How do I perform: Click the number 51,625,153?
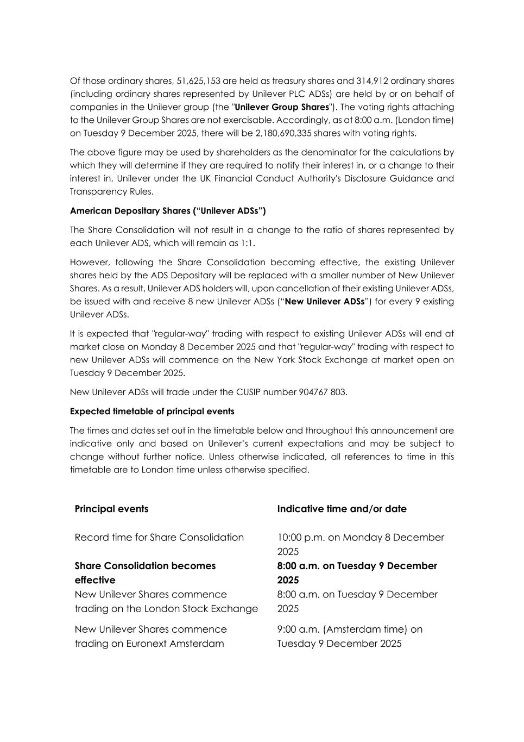(x=198, y=81)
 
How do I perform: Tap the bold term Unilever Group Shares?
(x=282, y=107)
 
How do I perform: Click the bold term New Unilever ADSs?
(x=325, y=301)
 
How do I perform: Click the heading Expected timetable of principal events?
(x=152, y=411)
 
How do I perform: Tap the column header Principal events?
(x=111, y=509)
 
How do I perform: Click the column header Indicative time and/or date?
(x=342, y=509)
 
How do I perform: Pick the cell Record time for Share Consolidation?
(x=159, y=537)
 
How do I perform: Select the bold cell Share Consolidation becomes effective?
(x=145, y=572)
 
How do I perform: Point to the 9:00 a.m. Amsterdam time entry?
(x=350, y=629)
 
